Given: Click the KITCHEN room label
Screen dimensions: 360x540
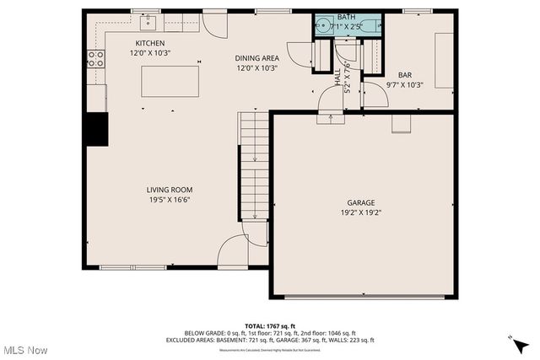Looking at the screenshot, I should point(151,43).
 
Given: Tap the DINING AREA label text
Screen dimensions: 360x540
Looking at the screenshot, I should point(256,58).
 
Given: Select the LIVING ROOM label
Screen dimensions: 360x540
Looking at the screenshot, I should point(170,190).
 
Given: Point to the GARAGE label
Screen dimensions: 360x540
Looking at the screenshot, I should point(361,202).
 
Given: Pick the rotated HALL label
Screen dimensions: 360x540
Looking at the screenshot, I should point(338,78).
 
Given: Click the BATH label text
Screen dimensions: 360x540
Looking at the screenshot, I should point(347,17).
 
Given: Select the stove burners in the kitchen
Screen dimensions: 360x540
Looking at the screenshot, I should point(96,58).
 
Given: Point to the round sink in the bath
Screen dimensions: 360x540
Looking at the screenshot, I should point(323,26).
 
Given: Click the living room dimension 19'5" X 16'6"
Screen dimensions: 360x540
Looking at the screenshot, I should point(170,201).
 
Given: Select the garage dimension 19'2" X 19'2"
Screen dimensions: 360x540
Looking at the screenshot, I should point(361,213).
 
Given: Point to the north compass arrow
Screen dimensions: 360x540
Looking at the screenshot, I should point(520,341).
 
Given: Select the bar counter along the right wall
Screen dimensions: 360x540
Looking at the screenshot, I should point(444,60).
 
